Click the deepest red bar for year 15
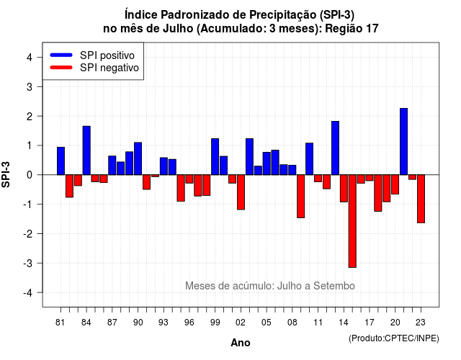tap(352, 221)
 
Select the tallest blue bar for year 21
tap(403, 141)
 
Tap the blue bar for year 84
tap(86, 150)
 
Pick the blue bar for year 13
tap(335, 148)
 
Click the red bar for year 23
tap(421, 199)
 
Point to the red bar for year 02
tap(241, 192)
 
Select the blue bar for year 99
tap(215, 157)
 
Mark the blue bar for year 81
tap(61, 161)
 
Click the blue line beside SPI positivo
tap(61, 55)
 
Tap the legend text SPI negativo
tap(109, 68)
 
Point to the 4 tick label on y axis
tap(30, 58)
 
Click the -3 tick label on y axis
tap(28, 264)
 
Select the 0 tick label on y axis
tap(30, 175)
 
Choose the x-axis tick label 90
tap(138, 323)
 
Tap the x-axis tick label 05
tap(267, 323)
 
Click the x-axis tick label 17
tap(370, 323)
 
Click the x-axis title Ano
tap(241, 343)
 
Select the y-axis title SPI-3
tap(6, 174)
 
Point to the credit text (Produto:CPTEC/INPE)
tap(394, 338)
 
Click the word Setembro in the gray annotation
tap(334, 286)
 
